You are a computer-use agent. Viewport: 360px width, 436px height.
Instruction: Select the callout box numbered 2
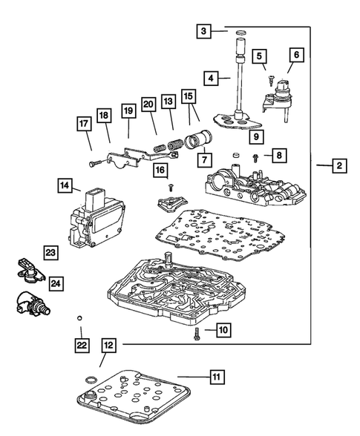point(338,167)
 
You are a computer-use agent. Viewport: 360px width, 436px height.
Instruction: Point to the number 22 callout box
point(79,344)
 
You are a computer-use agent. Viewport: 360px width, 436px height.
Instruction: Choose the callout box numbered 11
point(216,377)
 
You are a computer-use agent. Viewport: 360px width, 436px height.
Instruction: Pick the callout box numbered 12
point(109,345)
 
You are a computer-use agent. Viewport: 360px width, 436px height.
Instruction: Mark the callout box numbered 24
point(56,283)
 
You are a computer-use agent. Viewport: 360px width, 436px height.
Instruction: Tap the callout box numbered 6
point(295,55)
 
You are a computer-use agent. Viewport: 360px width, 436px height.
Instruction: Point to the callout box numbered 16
point(159,171)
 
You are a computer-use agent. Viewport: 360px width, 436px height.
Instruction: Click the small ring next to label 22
point(79,318)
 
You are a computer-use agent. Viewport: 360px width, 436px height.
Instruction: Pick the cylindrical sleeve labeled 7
point(203,139)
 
